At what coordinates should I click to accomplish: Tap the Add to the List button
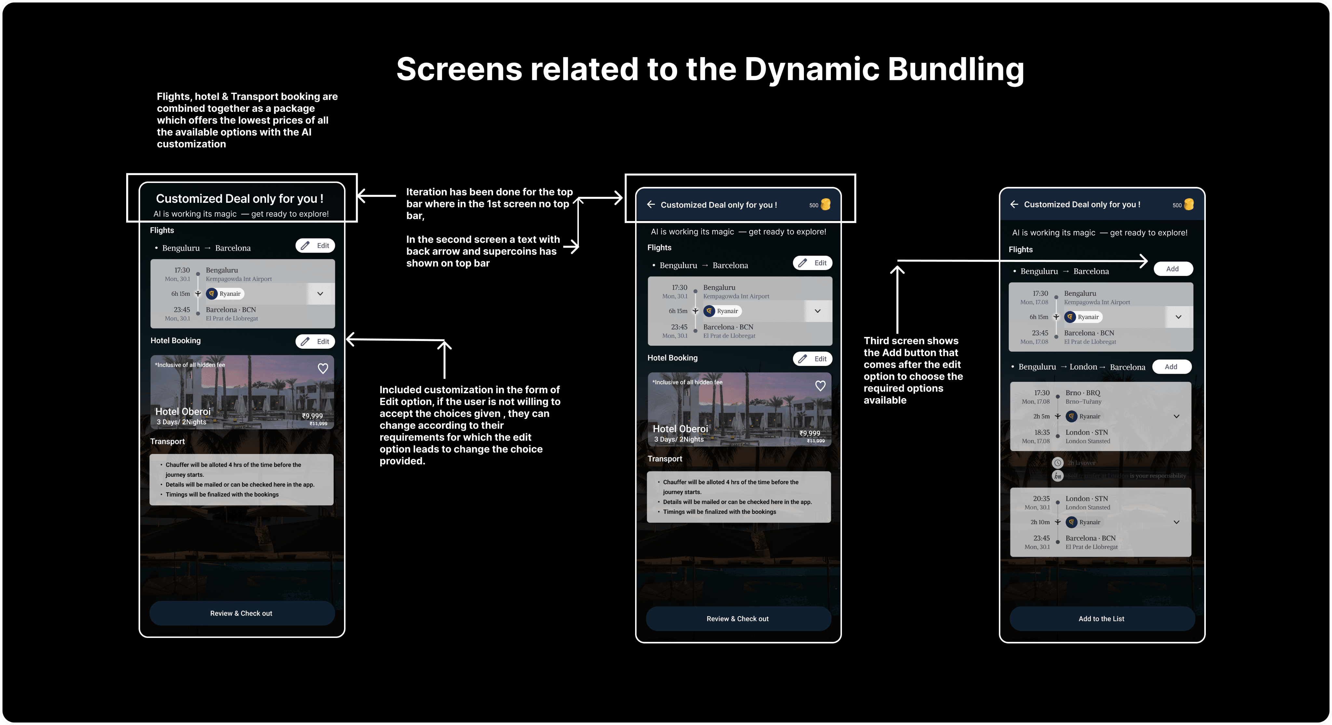(x=1101, y=618)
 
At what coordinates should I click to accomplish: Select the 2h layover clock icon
(x=1058, y=462)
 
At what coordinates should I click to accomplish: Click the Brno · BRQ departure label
(x=1083, y=393)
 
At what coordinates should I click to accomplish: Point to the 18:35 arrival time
(x=1042, y=433)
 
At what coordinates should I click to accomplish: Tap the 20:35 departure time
(x=1041, y=499)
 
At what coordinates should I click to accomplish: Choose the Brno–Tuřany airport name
(x=1083, y=402)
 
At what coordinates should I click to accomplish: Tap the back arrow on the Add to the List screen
(x=1014, y=204)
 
